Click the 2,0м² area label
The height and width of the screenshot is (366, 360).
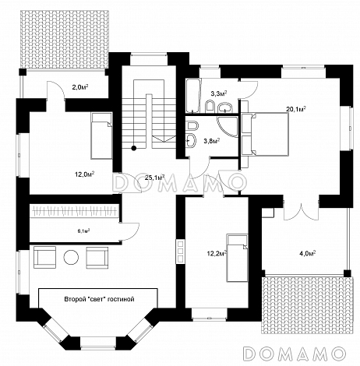click(79, 86)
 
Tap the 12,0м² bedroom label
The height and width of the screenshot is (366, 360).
click(85, 174)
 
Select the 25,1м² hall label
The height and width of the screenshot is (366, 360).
click(154, 178)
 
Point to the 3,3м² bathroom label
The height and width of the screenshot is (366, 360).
click(219, 93)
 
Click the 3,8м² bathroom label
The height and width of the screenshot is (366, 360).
click(212, 141)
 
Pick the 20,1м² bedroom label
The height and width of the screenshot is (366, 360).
click(295, 109)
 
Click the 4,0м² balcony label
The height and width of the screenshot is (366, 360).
click(307, 253)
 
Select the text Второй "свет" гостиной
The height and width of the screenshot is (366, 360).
click(99, 299)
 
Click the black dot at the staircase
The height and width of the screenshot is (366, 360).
click(134, 148)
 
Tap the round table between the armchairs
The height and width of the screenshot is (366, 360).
click(71, 257)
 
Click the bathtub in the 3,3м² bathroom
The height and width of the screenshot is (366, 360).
click(193, 96)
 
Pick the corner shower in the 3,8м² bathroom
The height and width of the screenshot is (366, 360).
click(228, 127)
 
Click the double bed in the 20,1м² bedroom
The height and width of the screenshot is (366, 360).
click(265, 135)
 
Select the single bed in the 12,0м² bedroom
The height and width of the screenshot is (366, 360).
click(101, 135)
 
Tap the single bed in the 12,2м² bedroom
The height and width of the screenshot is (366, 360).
click(237, 258)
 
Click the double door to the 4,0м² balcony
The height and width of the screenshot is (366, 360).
click(302, 211)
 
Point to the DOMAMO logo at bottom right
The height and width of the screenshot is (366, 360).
click(295, 354)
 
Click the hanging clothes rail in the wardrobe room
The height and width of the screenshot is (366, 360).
click(75, 210)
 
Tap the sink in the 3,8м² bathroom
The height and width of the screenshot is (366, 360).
click(192, 141)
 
